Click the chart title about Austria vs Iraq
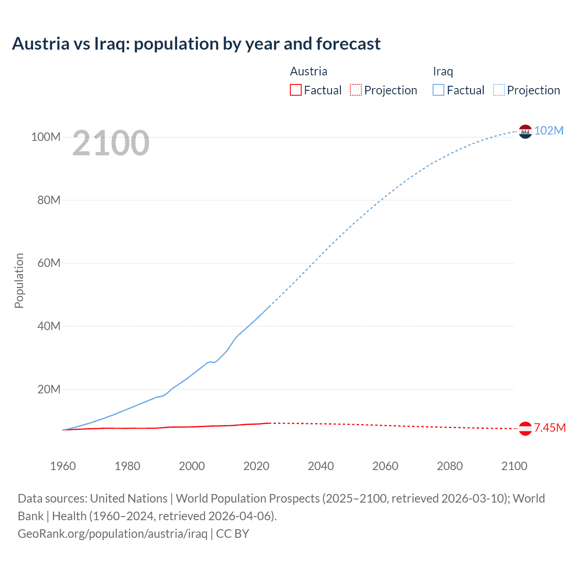(196, 44)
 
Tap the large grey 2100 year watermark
(111, 143)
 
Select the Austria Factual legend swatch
(295, 90)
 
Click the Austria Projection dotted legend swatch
(356, 90)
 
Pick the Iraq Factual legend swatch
(438, 90)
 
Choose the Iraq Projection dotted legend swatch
(499, 90)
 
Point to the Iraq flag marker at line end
(525, 131)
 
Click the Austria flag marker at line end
(525, 429)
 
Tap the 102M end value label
(549, 131)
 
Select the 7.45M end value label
(550, 428)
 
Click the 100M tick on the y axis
(46, 137)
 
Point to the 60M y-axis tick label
(49, 263)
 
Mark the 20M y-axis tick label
(49, 389)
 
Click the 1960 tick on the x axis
(63, 466)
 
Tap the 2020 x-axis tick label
(256, 466)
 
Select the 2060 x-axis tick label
(385, 466)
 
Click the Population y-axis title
(19, 280)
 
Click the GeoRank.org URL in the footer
(112, 534)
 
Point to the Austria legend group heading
(308, 71)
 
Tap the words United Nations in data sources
(129, 499)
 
